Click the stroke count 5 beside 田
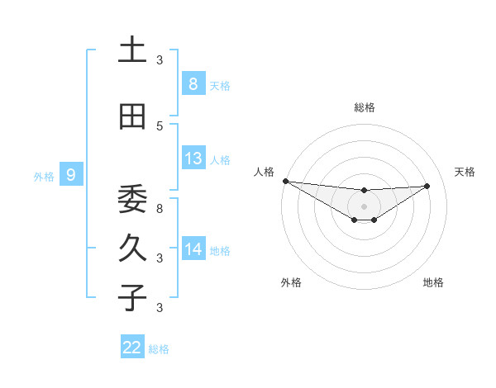point(160,125)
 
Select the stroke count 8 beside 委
point(160,208)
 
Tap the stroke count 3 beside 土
point(160,59)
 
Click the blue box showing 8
point(193,83)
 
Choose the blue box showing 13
point(193,159)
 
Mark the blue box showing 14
point(193,248)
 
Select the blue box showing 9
point(71,174)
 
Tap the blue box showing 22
point(132,348)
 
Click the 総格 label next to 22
point(159,349)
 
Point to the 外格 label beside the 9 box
point(44,176)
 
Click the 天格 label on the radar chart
point(465,172)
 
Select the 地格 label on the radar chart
point(433,282)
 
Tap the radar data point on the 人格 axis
point(285,181)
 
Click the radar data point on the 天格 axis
point(427,186)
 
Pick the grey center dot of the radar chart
point(364,206)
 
